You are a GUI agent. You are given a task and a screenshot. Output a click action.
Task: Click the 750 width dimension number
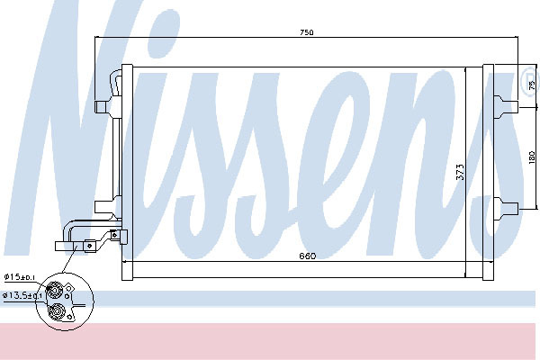coord(307,32)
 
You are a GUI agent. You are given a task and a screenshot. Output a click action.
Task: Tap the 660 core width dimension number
coord(308,256)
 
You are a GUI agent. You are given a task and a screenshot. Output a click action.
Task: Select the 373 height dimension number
coord(461,172)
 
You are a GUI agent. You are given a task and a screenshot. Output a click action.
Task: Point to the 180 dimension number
coord(532,157)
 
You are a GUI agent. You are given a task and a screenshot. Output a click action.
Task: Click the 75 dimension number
coord(532,85)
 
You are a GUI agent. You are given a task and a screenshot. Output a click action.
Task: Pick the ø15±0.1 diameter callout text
coord(20,277)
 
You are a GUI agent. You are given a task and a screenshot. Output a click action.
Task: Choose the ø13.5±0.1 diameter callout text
coord(22,295)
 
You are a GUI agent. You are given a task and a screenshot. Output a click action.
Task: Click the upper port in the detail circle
coord(54,289)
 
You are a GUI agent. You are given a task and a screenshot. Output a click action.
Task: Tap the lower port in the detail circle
coord(56,312)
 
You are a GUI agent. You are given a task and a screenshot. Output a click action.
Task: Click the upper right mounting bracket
coord(506,107)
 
